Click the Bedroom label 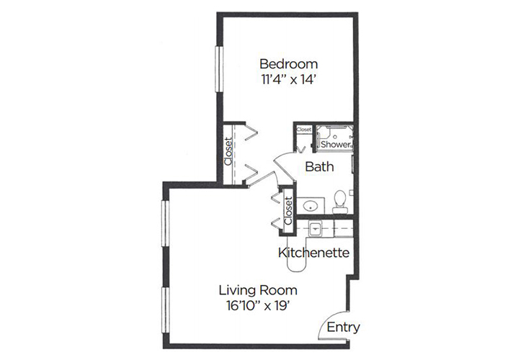(x=288, y=63)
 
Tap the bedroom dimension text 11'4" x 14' (x=288, y=79)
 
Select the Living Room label (x=258, y=290)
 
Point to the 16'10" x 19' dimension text (x=258, y=306)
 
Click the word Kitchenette (x=314, y=253)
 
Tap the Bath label (x=319, y=166)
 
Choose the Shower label (x=336, y=144)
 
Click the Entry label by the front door (x=343, y=327)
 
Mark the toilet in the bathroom (x=340, y=202)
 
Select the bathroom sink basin (x=311, y=206)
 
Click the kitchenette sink (x=315, y=229)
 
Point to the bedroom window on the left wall (x=219, y=69)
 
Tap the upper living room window (x=166, y=223)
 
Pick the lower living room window (x=166, y=310)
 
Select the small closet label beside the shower (x=304, y=129)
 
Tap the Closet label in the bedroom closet (x=228, y=151)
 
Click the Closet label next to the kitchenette (x=288, y=210)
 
